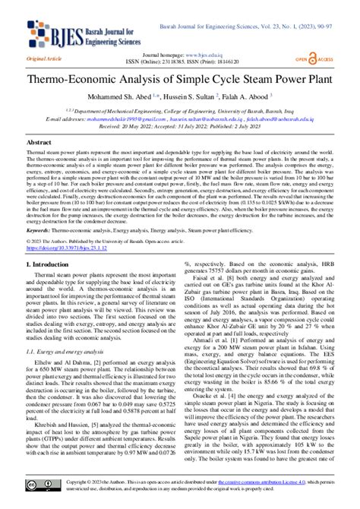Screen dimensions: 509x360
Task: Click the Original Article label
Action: click(43, 58)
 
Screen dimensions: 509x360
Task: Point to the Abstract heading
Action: click(39, 141)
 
